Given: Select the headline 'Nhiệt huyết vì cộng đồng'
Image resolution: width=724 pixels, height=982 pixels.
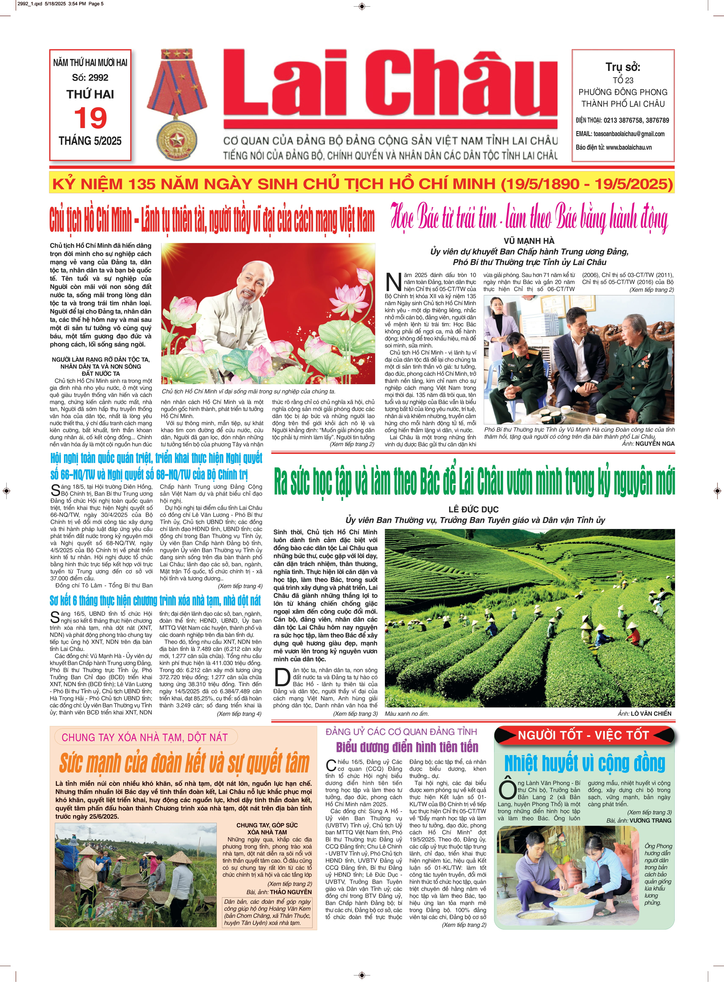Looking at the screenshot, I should click(x=585, y=764).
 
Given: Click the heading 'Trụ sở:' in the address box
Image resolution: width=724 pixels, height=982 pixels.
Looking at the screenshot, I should click(x=623, y=67).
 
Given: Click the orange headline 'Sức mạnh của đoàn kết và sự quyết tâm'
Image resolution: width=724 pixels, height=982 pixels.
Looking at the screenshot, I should click(x=184, y=764).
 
